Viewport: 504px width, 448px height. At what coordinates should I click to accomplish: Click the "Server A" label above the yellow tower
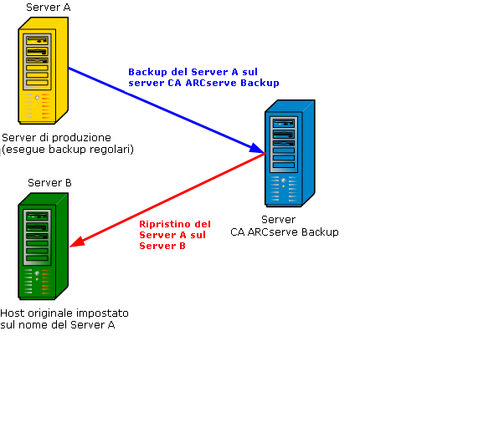click(49, 8)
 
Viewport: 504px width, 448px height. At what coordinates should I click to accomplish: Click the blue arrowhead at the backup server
click(259, 150)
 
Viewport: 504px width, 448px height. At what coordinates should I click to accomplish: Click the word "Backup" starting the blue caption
click(147, 72)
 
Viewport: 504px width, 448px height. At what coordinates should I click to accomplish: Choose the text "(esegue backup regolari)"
click(68, 150)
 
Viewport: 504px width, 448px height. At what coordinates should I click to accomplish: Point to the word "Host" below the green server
click(13, 313)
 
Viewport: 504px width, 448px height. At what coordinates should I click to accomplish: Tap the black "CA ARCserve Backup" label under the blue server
click(285, 232)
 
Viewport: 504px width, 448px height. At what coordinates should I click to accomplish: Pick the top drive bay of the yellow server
click(37, 40)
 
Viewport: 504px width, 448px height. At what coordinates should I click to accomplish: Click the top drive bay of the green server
click(37, 215)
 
